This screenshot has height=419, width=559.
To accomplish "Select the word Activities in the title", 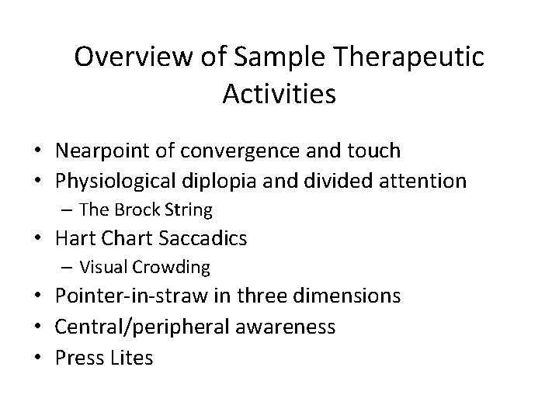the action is (x=279, y=94).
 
